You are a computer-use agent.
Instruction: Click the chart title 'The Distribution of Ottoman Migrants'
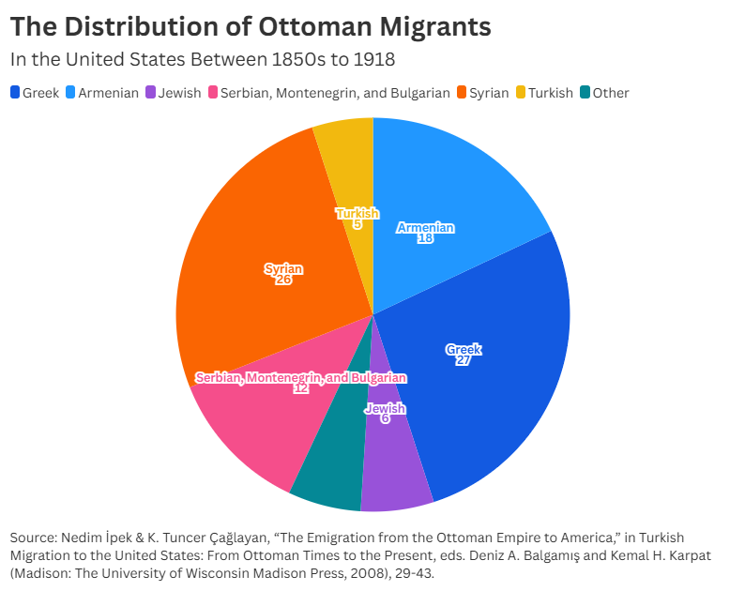[x=250, y=27]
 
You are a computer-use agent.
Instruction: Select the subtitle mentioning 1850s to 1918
[x=202, y=59]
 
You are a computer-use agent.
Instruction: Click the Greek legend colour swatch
[x=15, y=93]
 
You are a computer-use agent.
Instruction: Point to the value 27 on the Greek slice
[x=463, y=360]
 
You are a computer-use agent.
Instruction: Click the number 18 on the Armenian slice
[x=425, y=238]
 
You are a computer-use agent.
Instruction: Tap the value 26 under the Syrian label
[x=283, y=280]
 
